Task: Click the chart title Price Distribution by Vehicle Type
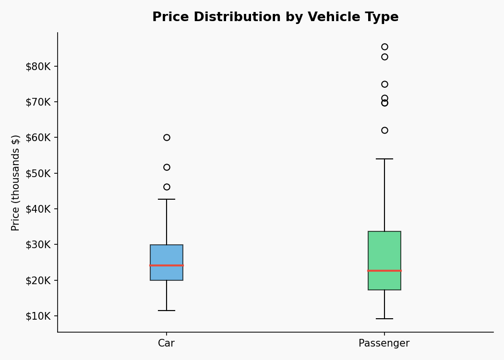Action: [x=275, y=17]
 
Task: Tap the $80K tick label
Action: [x=38, y=66]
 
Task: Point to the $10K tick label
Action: [x=38, y=316]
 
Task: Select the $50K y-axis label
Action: [x=38, y=173]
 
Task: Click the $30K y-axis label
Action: [x=38, y=245]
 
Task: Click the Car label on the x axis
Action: [x=167, y=344]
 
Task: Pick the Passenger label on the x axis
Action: [x=384, y=344]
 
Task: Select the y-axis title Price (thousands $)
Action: [x=16, y=182]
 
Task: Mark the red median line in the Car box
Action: [x=167, y=265]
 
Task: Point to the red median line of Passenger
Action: [x=384, y=271]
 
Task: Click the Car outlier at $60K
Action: [x=167, y=137]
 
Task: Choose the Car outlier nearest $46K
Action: [x=167, y=187]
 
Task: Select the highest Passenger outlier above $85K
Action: [x=384, y=47]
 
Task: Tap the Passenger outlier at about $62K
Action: [x=384, y=130]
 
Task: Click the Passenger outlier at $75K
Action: [x=384, y=84]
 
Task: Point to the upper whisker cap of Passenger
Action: [x=384, y=159]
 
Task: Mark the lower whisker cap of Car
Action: [x=167, y=311]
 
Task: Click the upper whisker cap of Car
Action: [x=167, y=199]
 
